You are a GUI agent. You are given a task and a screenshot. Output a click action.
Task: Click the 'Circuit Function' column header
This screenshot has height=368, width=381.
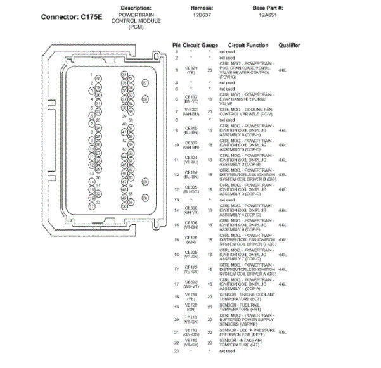248,46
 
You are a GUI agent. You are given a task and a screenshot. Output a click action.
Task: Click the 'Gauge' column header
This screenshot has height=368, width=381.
210,46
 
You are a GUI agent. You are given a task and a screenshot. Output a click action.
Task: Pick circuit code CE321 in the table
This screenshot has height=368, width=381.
191,68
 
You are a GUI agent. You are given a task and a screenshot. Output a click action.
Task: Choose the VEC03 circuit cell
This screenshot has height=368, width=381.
191,111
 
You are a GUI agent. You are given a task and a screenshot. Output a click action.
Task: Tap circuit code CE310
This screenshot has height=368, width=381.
191,129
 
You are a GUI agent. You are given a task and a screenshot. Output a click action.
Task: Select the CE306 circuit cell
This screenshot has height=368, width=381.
191,209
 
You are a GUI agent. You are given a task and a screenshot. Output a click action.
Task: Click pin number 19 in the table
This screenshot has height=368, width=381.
177,306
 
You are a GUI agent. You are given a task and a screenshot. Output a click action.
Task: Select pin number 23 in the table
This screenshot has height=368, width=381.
177,350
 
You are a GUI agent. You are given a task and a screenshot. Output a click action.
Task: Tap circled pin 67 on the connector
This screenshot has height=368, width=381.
145,82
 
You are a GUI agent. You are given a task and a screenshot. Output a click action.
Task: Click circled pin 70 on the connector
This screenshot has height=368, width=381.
145,198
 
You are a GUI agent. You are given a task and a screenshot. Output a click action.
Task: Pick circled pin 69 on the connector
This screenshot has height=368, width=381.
145,182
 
